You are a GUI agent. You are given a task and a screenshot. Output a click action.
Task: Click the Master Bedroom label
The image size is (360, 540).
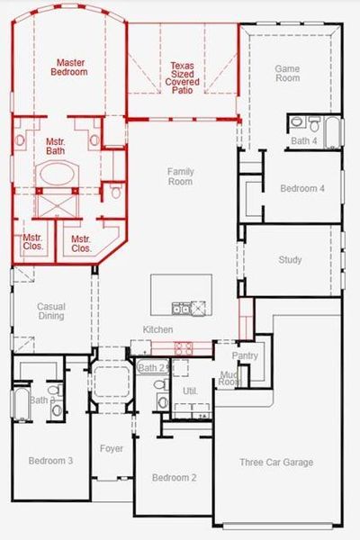pyautogui.click(x=71, y=67)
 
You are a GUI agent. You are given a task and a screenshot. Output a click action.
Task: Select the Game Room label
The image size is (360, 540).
pyautogui.click(x=287, y=73)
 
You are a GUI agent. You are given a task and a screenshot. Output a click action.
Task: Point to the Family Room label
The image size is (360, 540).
pyautogui.click(x=180, y=175)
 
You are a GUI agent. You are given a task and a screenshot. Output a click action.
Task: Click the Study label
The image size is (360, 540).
pyautogui.click(x=290, y=260)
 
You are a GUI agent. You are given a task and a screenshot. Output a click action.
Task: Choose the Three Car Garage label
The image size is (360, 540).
pyautogui.click(x=276, y=462)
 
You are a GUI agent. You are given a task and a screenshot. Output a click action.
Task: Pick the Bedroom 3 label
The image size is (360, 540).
pyautogui.click(x=50, y=461)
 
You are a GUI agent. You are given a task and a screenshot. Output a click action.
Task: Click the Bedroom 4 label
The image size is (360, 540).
pyautogui.click(x=301, y=188)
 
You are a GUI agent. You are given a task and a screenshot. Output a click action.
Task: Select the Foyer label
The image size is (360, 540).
pyautogui.click(x=112, y=448)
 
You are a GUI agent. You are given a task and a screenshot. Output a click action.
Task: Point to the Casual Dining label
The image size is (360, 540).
pyautogui.click(x=50, y=311)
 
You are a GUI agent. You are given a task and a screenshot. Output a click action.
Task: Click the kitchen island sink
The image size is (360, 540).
pyautogui.click(x=182, y=309)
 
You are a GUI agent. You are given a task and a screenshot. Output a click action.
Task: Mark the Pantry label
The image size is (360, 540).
pyautogui.click(x=245, y=355)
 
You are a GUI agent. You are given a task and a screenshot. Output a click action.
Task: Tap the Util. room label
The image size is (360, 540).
pyautogui.click(x=190, y=391)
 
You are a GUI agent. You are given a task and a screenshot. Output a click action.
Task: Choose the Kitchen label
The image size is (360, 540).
pyautogui.click(x=157, y=330)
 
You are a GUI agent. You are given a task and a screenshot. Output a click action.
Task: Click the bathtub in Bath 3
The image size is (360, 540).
pyautogui.click(x=20, y=402)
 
